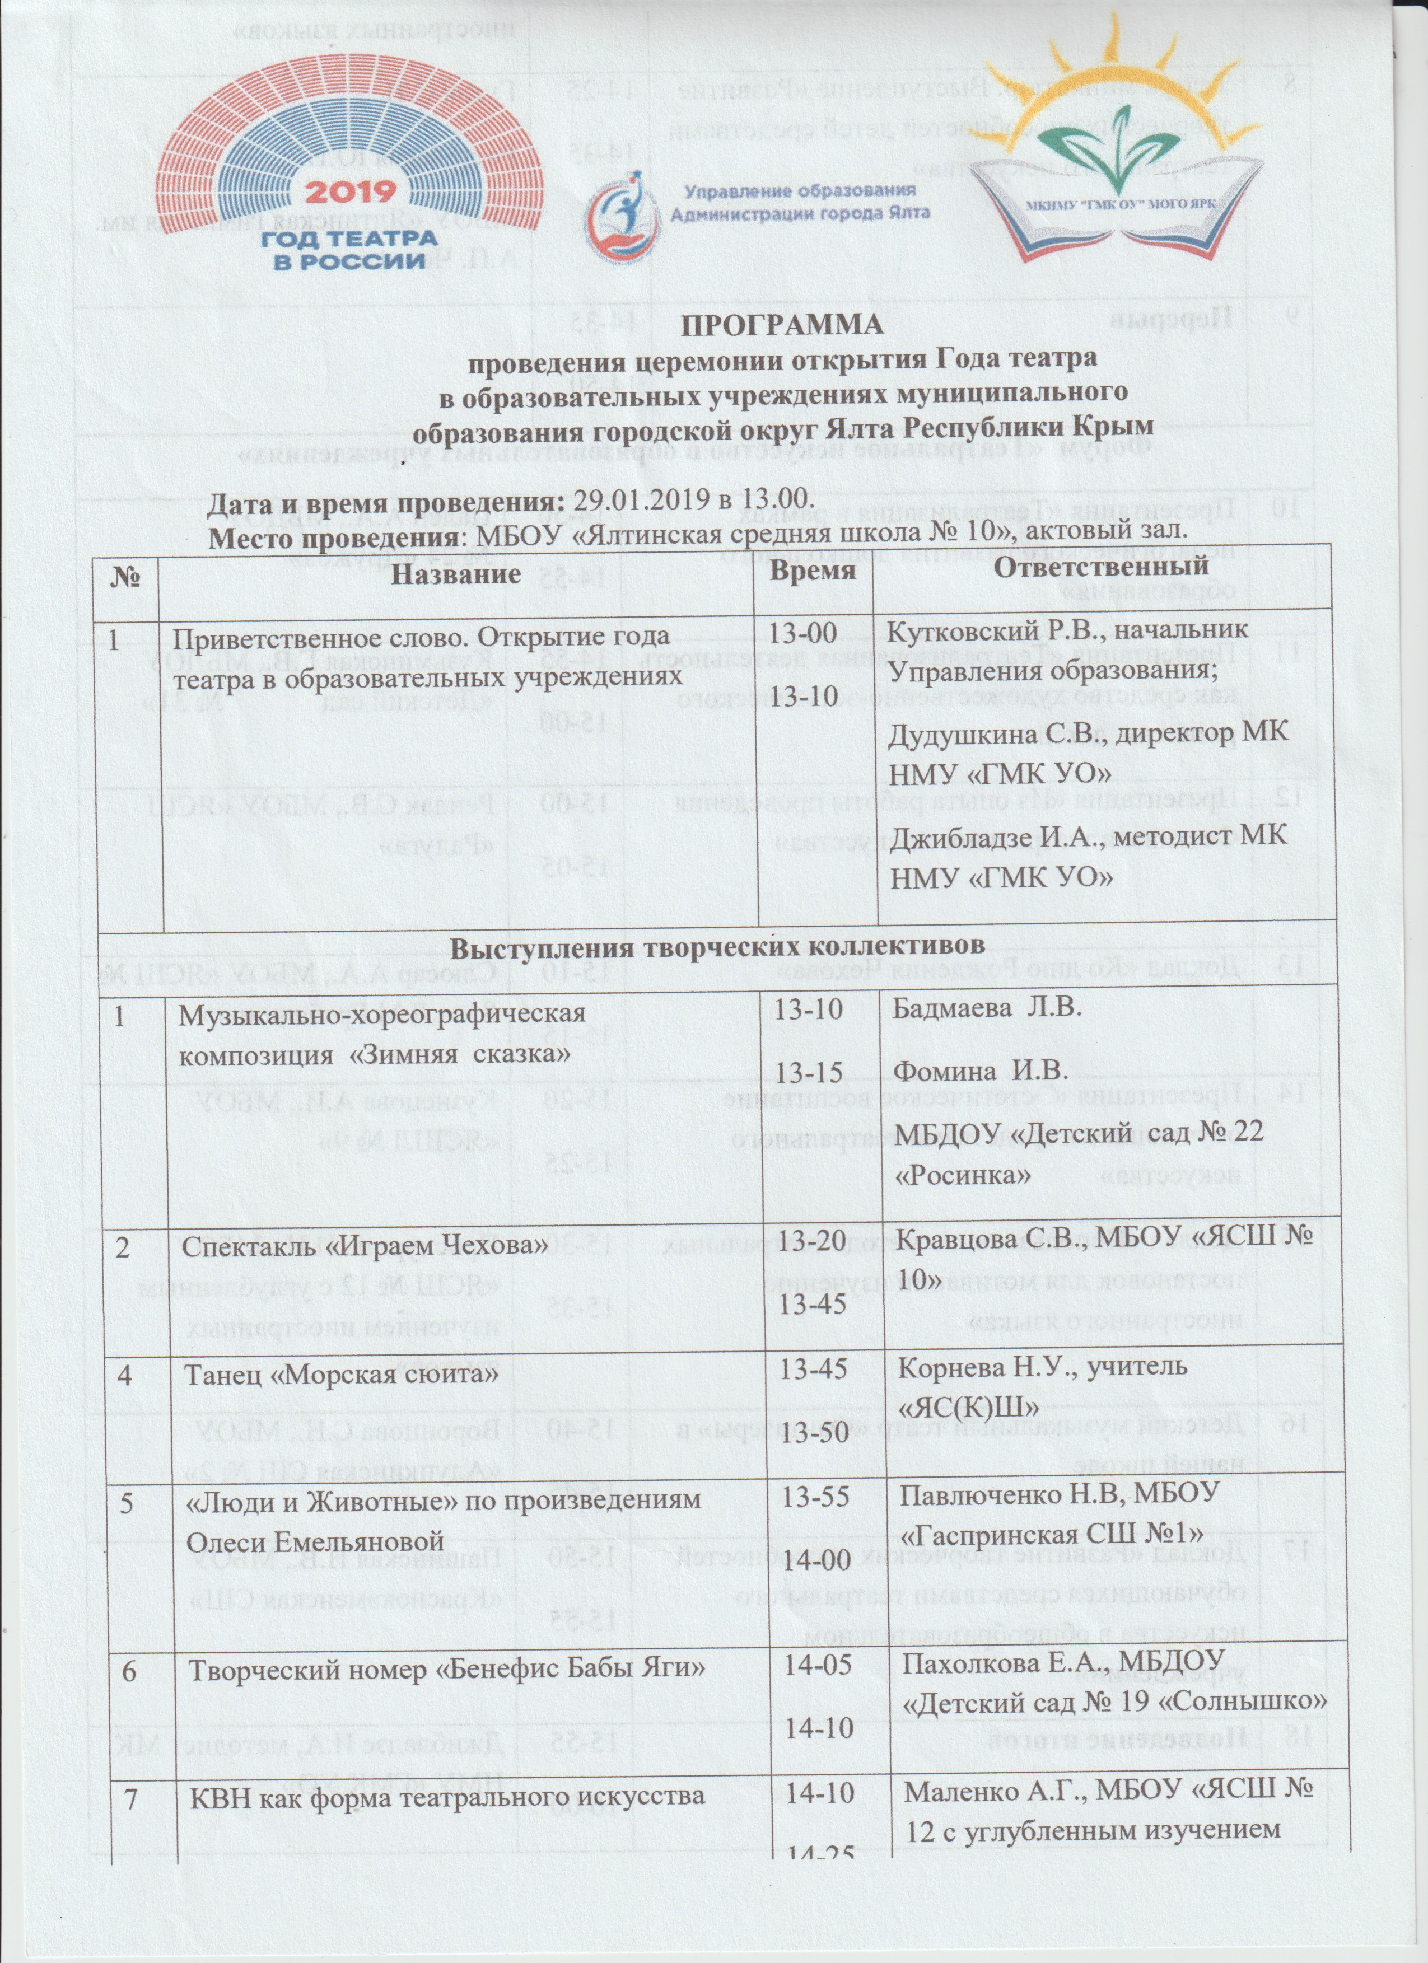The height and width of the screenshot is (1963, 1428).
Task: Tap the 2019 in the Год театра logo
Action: click(x=354, y=192)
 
